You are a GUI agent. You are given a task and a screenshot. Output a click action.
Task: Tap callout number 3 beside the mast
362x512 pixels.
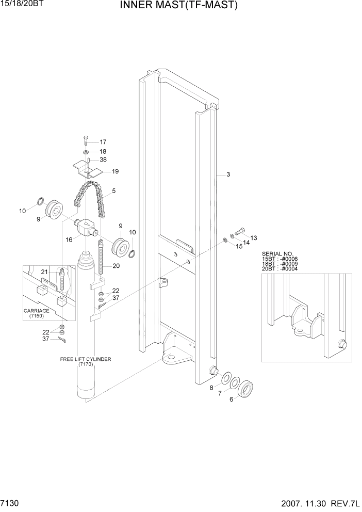pyautogui.click(x=228, y=175)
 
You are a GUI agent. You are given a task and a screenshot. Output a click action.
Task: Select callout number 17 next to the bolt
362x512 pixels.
pyautogui.click(x=103, y=142)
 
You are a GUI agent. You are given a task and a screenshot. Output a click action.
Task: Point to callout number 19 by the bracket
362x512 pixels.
pyautogui.click(x=116, y=171)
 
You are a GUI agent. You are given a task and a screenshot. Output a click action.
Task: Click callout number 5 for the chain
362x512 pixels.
pyautogui.click(x=113, y=191)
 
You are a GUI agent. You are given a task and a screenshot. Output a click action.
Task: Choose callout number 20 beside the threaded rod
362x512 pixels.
pyautogui.click(x=116, y=266)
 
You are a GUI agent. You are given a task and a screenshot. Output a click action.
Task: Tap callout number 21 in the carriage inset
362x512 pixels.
pyautogui.click(x=44, y=272)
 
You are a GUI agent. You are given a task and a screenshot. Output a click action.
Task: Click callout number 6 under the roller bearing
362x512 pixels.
pyautogui.click(x=232, y=399)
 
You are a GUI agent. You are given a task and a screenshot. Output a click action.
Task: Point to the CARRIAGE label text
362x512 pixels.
pyautogui.click(x=36, y=311)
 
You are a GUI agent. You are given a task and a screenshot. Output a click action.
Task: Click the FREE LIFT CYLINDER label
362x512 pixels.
pyautogui.click(x=86, y=359)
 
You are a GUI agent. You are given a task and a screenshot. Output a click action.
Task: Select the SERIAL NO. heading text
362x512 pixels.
pyautogui.click(x=277, y=254)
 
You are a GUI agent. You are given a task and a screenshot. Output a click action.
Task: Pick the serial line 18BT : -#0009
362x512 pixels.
pyautogui.click(x=280, y=264)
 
